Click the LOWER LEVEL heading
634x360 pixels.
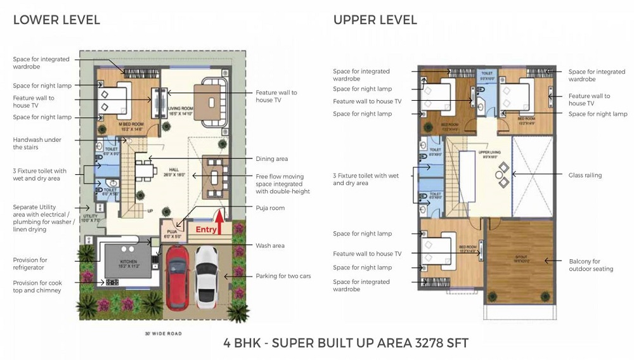(x=56, y=20)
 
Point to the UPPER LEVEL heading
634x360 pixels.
(x=375, y=20)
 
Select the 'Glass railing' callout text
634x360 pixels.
(x=585, y=175)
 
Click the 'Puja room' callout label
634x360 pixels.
(x=270, y=208)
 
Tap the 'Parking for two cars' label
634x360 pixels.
(x=283, y=276)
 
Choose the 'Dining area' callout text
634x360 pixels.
(x=271, y=159)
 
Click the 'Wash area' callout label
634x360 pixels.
(x=270, y=245)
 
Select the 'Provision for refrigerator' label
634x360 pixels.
(x=30, y=264)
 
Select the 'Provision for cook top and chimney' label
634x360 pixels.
(x=37, y=286)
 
